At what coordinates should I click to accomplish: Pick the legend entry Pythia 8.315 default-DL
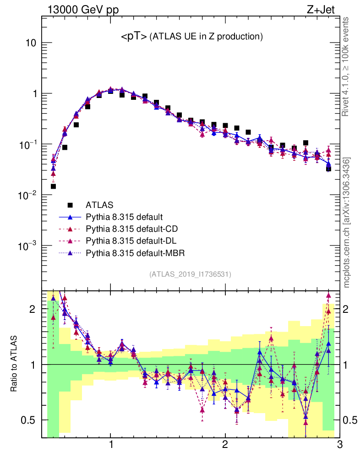[130, 240]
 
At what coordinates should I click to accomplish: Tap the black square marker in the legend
[71, 205]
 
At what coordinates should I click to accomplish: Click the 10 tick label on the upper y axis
[31, 43]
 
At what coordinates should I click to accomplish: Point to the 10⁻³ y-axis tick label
[27, 246]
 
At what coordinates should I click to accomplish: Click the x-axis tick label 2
[225, 445]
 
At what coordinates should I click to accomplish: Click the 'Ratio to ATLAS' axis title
[14, 364]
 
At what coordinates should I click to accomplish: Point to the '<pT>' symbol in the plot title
[133, 37]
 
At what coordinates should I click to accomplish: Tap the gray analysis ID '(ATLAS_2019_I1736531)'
[190, 274]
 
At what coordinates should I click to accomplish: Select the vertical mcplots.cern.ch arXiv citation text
[347, 223]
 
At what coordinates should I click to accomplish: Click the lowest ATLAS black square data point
[53, 186]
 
